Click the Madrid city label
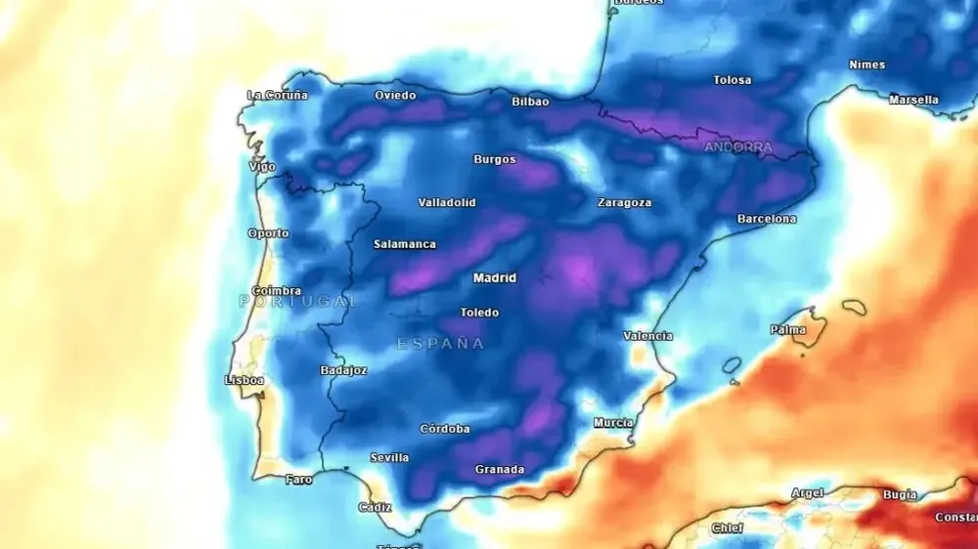tap(494, 278)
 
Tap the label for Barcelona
tap(766, 219)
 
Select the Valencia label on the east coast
tap(647, 336)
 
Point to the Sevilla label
tap(389, 458)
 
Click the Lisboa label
tap(244, 380)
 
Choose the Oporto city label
tap(268, 233)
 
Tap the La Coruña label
tap(277, 95)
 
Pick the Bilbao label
tap(530, 102)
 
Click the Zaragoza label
tap(624, 203)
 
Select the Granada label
tap(499, 470)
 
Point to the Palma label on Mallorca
tap(787, 330)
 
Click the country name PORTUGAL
tap(297, 302)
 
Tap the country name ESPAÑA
tap(440, 344)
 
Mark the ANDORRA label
tap(738, 148)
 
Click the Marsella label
tap(913, 100)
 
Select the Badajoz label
tap(343, 370)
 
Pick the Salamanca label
tap(404, 244)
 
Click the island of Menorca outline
tap(854, 307)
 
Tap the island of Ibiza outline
tap(732, 365)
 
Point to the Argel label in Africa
tap(807, 493)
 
